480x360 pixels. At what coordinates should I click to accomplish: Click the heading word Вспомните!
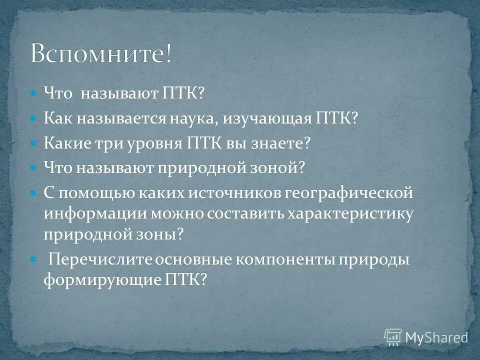pyautogui.click(x=101, y=53)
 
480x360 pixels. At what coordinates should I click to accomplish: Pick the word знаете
pyautogui.click(x=282, y=143)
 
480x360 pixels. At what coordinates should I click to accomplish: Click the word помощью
pyautogui.click(x=88, y=192)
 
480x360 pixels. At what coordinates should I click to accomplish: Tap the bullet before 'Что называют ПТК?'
pyautogui.click(x=33, y=93)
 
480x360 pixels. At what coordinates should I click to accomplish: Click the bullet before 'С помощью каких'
pyautogui.click(x=33, y=192)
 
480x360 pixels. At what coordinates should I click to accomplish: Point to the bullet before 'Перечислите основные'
pyautogui.click(x=33, y=260)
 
